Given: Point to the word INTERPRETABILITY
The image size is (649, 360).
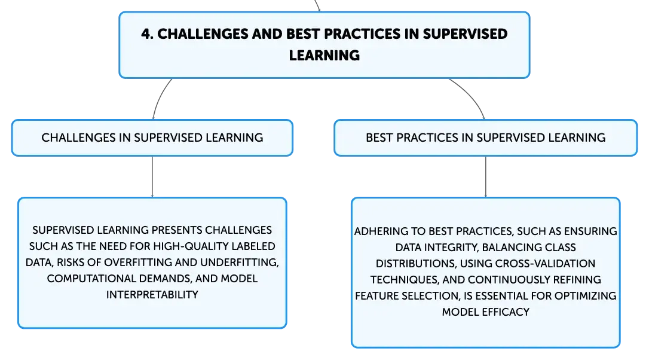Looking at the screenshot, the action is point(152,295).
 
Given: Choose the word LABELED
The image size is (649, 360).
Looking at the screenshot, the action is point(253,246).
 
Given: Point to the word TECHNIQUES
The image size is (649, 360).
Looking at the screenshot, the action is point(405,280).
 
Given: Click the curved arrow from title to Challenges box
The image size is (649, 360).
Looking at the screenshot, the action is point(159,97).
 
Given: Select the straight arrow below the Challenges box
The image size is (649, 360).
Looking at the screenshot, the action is point(152,177).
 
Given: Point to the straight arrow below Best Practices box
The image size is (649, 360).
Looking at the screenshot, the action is point(485,177).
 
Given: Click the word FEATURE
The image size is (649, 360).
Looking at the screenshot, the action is point(374,296).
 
